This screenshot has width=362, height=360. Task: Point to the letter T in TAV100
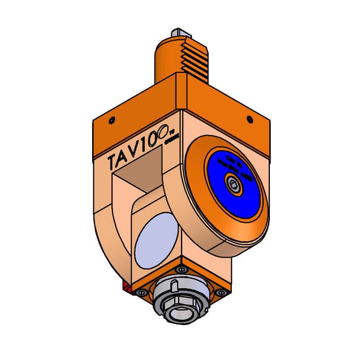(114, 161)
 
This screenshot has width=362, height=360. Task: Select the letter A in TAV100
(126, 158)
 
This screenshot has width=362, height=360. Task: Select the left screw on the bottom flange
(142, 292)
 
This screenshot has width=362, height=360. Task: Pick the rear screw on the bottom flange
(180, 270)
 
